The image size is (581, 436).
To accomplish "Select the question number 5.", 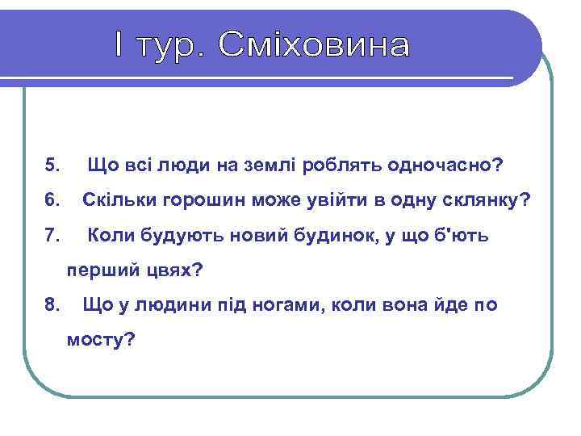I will [53, 166].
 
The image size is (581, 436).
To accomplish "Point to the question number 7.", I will [53, 236].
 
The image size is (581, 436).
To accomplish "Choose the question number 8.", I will [53, 305].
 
